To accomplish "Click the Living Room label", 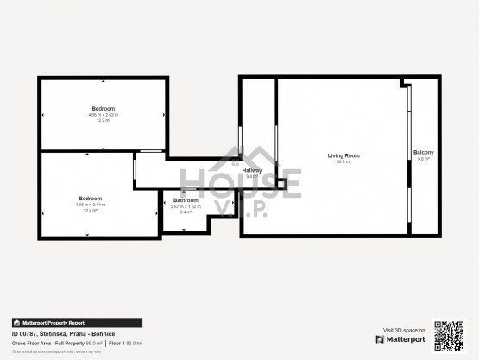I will (x=343, y=155).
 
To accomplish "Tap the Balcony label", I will (x=423, y=153).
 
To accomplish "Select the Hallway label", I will (x=252, y=170).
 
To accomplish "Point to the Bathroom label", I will (x=186, y=200).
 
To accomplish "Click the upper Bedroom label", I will (x=104, y=109).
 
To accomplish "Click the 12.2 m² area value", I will (x=104, y=120).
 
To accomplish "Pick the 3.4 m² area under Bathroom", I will (x=186, y=212).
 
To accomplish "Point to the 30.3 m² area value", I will (x=343, y=161).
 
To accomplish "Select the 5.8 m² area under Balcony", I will (x=423, y=159).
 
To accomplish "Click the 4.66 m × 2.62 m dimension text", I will (x=104, y=115).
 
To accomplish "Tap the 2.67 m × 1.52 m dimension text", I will (x=186, y=206).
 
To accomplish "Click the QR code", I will (x=448, y=335).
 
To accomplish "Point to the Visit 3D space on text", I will (x=404, y=330).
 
